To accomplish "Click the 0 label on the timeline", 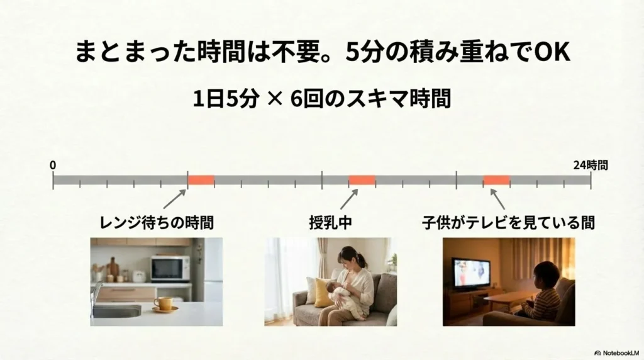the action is point(53,165).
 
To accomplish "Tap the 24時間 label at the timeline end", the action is point(590,165).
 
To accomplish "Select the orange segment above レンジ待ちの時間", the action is point(201,180).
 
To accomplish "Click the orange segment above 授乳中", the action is point(362,180).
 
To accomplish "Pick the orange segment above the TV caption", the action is point(497,180).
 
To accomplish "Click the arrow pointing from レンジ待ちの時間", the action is point(175,199).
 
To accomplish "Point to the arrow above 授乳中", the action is point(349,199).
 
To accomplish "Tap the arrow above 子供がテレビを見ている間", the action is point(497,199).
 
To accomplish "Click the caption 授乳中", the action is point(331,223).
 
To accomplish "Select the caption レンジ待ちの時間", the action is point(157,223).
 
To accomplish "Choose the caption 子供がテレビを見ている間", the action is point(508,223).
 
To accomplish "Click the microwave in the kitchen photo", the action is point(170,269).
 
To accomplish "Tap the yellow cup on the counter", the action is point(164,303).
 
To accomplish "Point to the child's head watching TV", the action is point(547,275).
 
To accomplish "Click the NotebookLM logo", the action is point(617,353).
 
